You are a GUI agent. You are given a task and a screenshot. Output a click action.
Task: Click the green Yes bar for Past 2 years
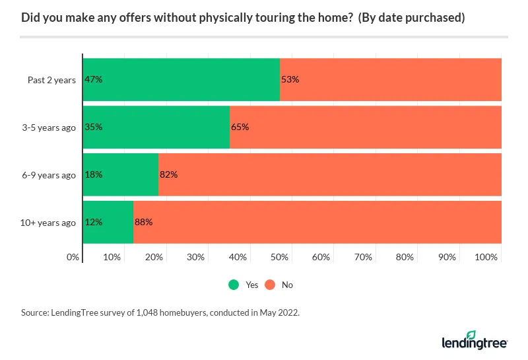click(x=181, y=80)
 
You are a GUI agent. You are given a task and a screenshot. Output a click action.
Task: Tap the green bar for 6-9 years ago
click(x=121, y=175)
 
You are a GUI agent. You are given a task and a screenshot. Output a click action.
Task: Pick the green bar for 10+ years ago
click(x=108, y=223)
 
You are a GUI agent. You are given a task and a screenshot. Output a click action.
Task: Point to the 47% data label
click(x=93, y=80)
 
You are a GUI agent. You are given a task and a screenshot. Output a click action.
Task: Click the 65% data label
click(x=240, y=127)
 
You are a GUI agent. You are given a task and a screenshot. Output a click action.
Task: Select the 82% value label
click(x=169, y=175)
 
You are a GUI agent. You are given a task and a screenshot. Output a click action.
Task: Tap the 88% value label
click(x=143, y=223)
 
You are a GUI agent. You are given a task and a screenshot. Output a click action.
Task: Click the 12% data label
click(x=93, y=223)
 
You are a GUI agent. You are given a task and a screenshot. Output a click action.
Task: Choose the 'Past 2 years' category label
click(x=51, y=80)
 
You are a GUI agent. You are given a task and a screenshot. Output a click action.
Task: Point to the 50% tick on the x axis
click(x=280, y=257)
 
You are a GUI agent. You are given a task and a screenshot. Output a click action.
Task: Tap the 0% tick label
click(x=73, y=257)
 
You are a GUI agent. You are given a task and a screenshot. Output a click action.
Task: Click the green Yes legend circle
click(x=234, y=285)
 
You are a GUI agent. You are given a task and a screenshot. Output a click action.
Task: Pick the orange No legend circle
click(x=270, y=285)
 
